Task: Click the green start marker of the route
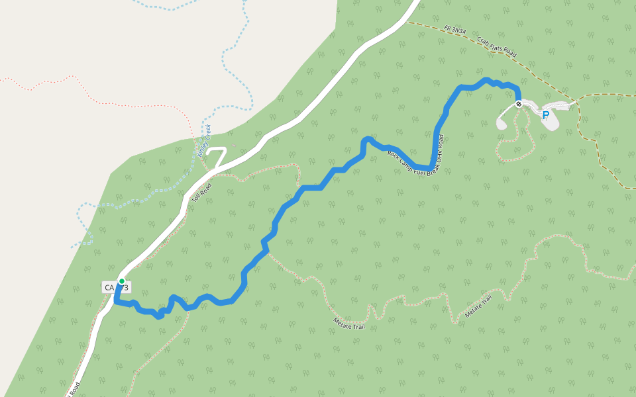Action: [x=122, y=281]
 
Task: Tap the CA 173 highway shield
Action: [x=116, y=287]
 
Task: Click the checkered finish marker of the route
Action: [x=519, y=104]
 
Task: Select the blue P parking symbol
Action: [x=546, y=115]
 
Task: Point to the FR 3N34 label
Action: [x=455, y=30]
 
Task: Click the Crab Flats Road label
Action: [x=496, y=46]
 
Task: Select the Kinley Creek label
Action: [x=204, y=140]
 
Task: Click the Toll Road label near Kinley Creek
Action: [x=203, y=193]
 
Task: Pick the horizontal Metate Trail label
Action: [x=349, y=324]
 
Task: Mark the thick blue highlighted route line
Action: [x=312, y=189]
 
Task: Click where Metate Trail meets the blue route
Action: [x=268, y=252]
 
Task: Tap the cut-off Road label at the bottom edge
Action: [x=74, y=389]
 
